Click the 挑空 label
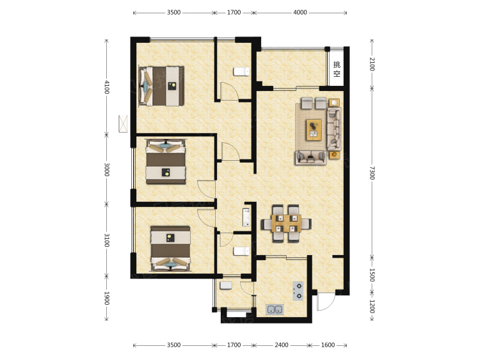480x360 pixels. click(337, 69)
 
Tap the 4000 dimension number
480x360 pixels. click(300, 12)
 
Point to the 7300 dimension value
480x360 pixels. click(372, 173)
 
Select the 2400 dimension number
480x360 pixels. click(282, 345)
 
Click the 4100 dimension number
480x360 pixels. click(106, 87)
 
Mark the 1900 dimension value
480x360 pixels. click(106, 298)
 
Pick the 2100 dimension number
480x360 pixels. click(372, 64)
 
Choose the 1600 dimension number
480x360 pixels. click(328, 345)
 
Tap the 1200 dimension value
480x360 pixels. click(372, 306)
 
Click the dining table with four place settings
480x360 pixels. click(286, 224)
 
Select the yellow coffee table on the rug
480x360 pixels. click(314, 130)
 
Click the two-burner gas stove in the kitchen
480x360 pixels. click(298, 291)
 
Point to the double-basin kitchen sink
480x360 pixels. click(275, 309)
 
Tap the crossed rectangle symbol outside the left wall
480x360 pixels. click(123, 124)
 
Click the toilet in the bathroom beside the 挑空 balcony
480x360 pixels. click(241, 72)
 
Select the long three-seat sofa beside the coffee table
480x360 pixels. click(333, 129)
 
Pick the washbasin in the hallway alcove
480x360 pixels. click(246, 217)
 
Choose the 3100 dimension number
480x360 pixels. click(106, 240)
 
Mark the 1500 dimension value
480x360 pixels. click(372, 275)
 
